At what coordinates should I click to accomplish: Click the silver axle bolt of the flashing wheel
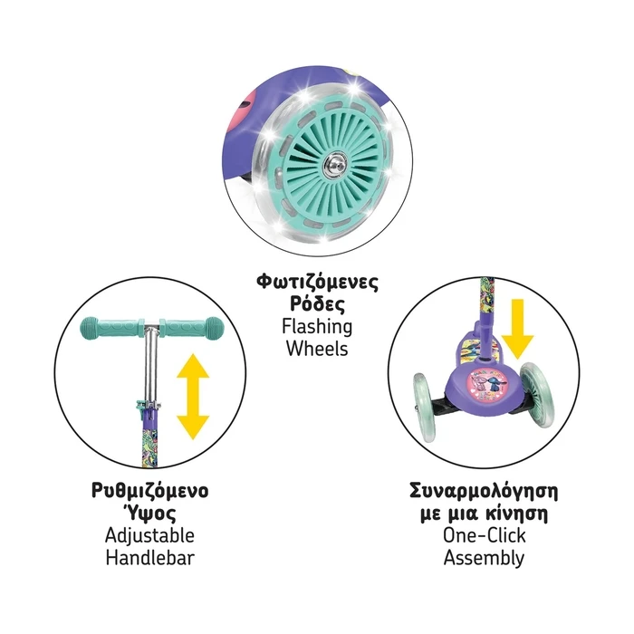click(x=335, y=165)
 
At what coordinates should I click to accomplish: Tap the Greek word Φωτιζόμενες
click(x=317, y=283)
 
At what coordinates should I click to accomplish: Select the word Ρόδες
click(x=317, y=304)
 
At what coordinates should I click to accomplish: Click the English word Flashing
click(x=317, y=327)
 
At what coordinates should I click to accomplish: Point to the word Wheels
click(x=317, y=349)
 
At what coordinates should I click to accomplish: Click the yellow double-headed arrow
click(x=193, y=397)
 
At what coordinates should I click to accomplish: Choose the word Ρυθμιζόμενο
click(x=150, y=491)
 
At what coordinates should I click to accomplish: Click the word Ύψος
click(x=149, y=514)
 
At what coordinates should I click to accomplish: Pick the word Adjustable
click(x=149, y=536)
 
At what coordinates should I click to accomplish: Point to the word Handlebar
click(x=150, y=558)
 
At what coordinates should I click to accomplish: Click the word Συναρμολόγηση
click(x=484, y=491)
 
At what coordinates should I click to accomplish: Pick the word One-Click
click(x=484, y=536)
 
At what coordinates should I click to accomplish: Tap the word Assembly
click(x=484, y=558)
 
